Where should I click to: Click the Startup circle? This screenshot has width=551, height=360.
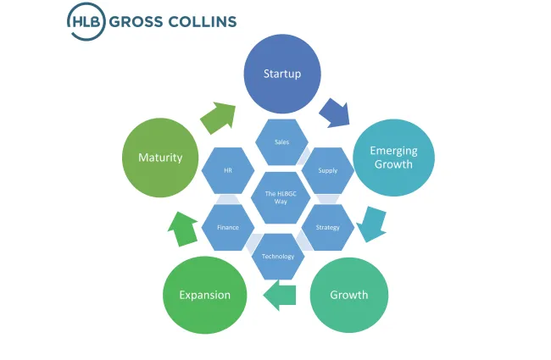[283, 73]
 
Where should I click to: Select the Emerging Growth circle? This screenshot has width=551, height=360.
[392, 158]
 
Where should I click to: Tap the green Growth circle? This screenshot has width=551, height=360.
[348, 294]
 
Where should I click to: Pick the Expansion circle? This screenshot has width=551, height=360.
[204, 294]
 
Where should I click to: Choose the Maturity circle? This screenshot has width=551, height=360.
[159, 158]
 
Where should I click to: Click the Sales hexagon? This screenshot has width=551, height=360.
[282, 141]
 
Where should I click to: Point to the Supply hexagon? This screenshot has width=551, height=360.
[327, 170]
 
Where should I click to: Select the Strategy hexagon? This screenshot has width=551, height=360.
[327, 227]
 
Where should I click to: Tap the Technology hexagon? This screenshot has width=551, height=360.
[278, 256]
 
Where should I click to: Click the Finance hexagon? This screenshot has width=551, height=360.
[228, 227]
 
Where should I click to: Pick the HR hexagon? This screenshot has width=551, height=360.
[228, 170]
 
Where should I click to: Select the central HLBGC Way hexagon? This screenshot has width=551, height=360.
[278, 197]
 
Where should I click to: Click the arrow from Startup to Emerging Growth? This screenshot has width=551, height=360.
[333, 113]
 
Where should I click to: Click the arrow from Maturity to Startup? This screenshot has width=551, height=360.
[219, 117]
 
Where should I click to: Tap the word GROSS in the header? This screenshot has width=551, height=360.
[143, 22]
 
